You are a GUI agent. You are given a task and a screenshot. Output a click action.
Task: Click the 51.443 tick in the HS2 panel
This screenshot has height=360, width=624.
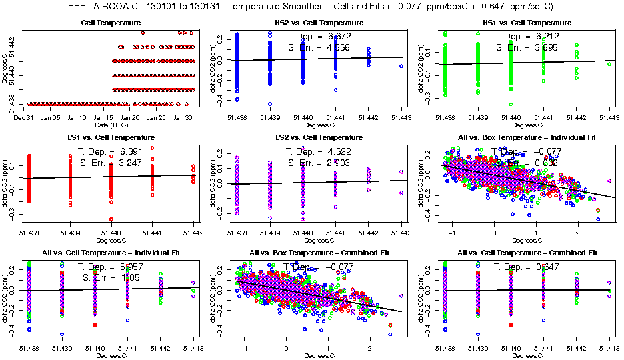click(401, 117)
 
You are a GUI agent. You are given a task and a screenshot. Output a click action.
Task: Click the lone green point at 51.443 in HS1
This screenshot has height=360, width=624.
click(609, 64)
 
